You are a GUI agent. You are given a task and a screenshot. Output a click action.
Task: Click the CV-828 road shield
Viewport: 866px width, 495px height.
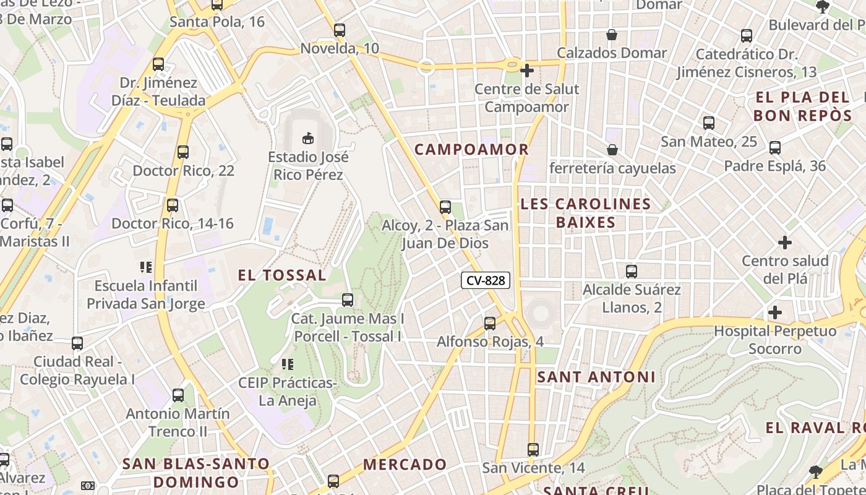pos(486,280)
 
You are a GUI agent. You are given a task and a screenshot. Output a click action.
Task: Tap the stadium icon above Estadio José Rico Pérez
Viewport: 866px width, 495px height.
pos(307,137)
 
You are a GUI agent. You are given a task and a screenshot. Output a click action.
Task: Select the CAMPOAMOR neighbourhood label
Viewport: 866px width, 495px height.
pos(471,149)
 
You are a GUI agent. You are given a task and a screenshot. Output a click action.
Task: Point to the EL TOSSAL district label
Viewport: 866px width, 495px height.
pos(282,275)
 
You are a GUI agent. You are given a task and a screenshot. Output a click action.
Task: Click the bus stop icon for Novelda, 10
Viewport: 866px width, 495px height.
pos(339,30)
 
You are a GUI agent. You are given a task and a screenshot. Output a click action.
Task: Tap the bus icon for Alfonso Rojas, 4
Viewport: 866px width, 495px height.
pos(490,323)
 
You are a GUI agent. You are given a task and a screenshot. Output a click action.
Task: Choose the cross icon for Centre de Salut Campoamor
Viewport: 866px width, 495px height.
pos(527,71)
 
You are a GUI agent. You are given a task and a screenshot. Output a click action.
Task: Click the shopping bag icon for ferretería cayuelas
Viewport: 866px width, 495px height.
pos(612,150)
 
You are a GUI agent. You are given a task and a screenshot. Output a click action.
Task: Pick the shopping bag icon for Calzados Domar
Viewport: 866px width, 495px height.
pos(612,35)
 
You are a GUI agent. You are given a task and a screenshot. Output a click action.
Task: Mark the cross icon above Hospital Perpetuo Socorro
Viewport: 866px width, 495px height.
pos(774,312)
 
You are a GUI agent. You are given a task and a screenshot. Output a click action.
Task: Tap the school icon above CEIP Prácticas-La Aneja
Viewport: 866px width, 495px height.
pos(287,364)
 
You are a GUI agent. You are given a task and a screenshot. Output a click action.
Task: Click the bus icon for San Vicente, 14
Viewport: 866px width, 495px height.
pos(533,449)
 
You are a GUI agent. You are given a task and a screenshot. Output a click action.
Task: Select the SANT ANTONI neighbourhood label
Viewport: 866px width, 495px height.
pos(596,377)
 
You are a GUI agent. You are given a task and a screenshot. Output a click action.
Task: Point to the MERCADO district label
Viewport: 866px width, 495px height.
pos(405,464)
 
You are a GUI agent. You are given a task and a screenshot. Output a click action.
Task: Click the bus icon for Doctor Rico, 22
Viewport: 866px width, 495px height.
pos(183,152)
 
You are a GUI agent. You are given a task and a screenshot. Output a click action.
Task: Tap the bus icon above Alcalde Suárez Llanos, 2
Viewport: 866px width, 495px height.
pos(632,271)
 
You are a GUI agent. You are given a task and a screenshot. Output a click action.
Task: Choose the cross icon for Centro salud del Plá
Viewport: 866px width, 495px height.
pos(785,242)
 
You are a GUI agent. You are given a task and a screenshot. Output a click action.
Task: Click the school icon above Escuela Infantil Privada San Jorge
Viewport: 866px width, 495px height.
pos(146,267)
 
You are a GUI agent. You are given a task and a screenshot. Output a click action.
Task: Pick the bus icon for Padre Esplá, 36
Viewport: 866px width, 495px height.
pos(775,148)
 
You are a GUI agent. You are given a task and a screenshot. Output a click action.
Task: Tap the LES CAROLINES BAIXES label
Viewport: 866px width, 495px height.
pos(586,213)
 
